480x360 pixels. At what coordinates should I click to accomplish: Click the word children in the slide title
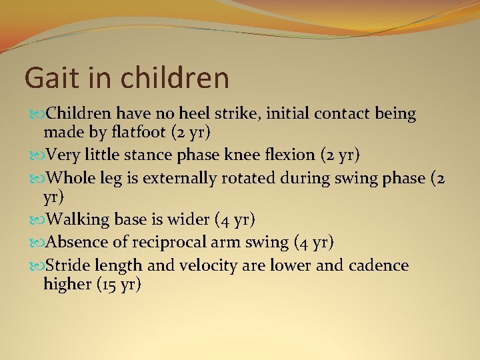click(175, 77)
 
